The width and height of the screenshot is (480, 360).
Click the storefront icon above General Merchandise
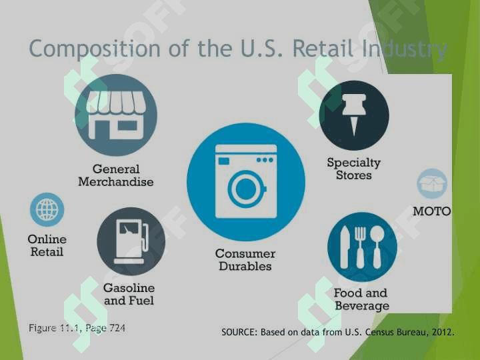[116, 115]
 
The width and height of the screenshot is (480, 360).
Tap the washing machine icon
[246, 181]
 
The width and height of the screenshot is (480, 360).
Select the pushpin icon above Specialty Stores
[354, 115]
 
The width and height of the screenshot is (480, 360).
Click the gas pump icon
[131, 241]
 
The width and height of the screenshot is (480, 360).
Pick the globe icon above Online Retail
[47, 210]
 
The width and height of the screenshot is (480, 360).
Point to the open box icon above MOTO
[432, 183]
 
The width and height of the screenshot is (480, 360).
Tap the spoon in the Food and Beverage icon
[377, 247]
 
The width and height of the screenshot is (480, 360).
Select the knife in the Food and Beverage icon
[345, 248]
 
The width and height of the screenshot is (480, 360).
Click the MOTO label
[431, 211]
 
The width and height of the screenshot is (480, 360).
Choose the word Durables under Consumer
[245, 266]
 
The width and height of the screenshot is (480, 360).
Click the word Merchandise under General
[116, 182]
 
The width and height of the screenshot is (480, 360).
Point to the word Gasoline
[129, 288]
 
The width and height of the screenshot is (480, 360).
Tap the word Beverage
[362, 306]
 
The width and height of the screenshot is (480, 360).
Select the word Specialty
[353, 163]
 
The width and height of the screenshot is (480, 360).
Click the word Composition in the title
[95, 49]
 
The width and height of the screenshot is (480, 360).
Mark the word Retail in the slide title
[323, 49]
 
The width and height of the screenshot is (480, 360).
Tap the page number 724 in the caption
[117, 328]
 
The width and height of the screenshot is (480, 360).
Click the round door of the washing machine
[245, 189]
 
